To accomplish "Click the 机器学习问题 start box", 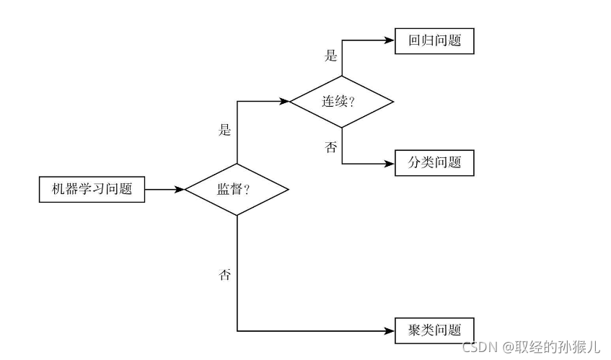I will (x=91, y=190).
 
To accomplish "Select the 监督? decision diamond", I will (x=237, y=190).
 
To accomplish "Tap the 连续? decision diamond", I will (x=342, y=102).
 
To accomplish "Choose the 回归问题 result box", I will (x=434, y=41).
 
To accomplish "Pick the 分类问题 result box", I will (x=434, y=163).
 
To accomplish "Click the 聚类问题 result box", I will (x=434, y=331).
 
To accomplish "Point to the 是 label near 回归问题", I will (x=331, y=56).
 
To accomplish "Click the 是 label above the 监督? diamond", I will (x=225, y=131).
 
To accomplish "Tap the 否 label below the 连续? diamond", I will (x=331, y=147).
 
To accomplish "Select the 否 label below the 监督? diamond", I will (x=225, y=275).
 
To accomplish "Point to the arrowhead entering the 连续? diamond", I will (x=285, y=102).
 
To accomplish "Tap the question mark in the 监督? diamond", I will (x=247, y=190).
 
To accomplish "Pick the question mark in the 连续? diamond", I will (x=352, y=102).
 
